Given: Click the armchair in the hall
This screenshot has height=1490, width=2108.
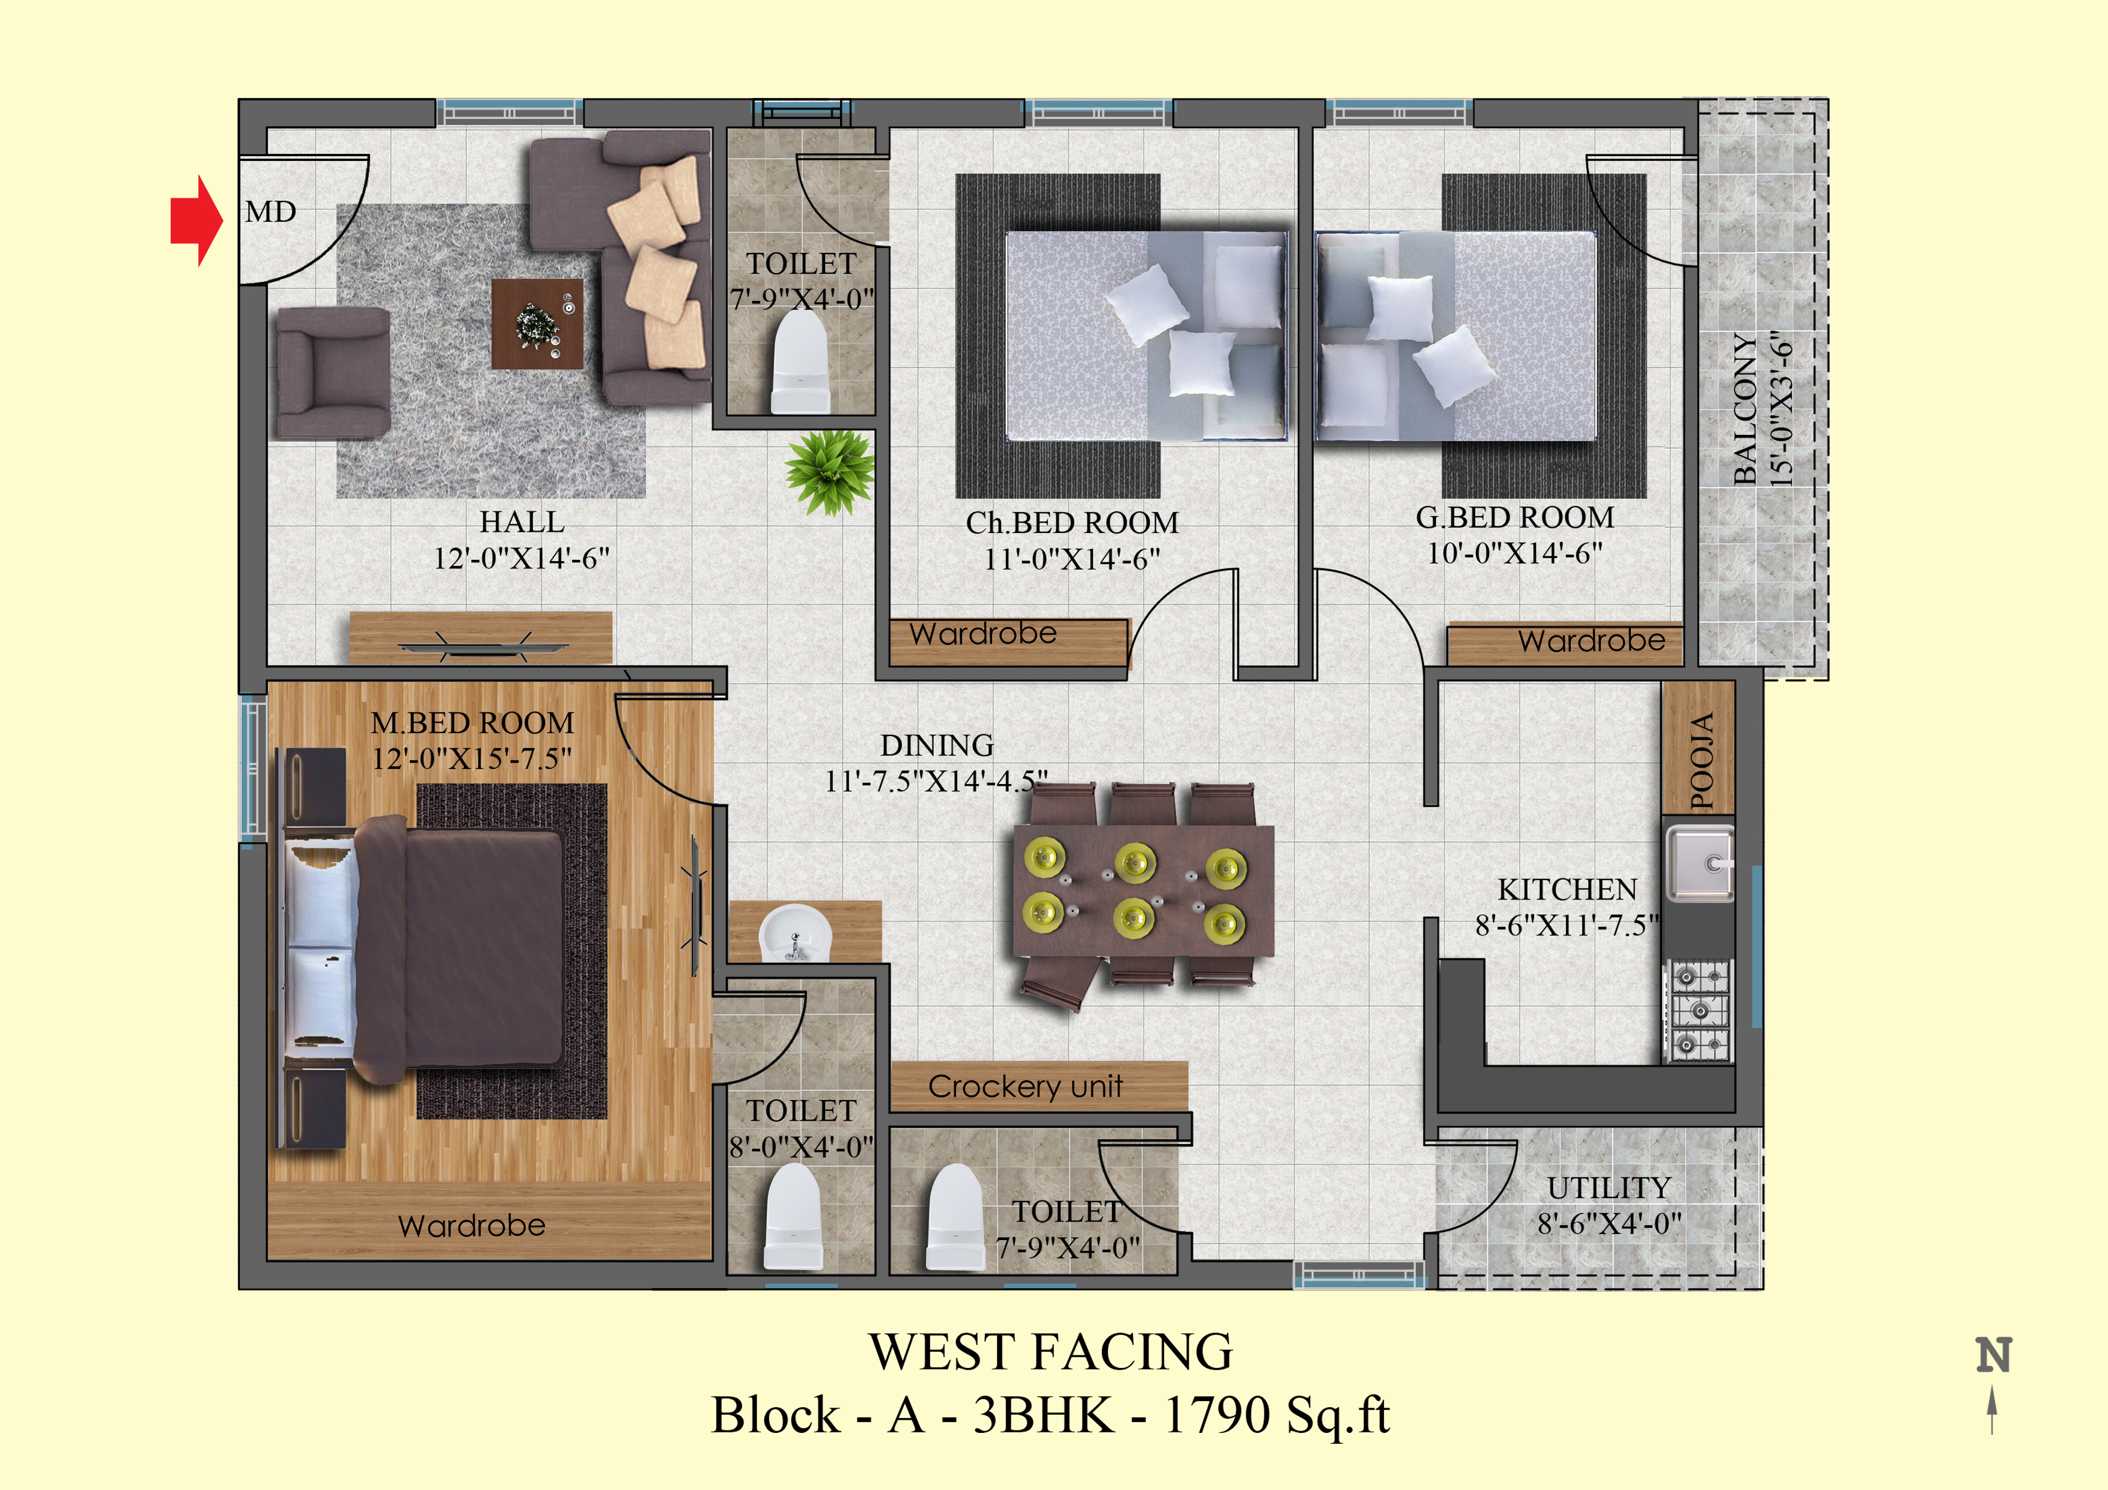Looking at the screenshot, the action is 334,372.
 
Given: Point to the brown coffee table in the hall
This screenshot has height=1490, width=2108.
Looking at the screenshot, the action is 537,324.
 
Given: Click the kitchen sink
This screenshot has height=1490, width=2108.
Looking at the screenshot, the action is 1699,863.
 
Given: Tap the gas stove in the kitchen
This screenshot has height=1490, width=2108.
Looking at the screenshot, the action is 1699,1011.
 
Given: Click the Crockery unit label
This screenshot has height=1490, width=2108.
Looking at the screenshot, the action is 1026,1087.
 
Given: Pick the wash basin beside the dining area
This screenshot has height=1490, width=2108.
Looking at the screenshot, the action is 795,932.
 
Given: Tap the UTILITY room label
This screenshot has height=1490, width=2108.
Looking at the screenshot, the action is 1609,1188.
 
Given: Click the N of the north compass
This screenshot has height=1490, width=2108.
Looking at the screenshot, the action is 1993,1355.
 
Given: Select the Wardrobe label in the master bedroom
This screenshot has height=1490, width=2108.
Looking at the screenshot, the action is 472,1226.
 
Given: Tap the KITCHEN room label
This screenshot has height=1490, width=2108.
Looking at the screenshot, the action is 1567,890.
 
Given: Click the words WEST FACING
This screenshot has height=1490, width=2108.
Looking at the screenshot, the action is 1051,1351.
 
